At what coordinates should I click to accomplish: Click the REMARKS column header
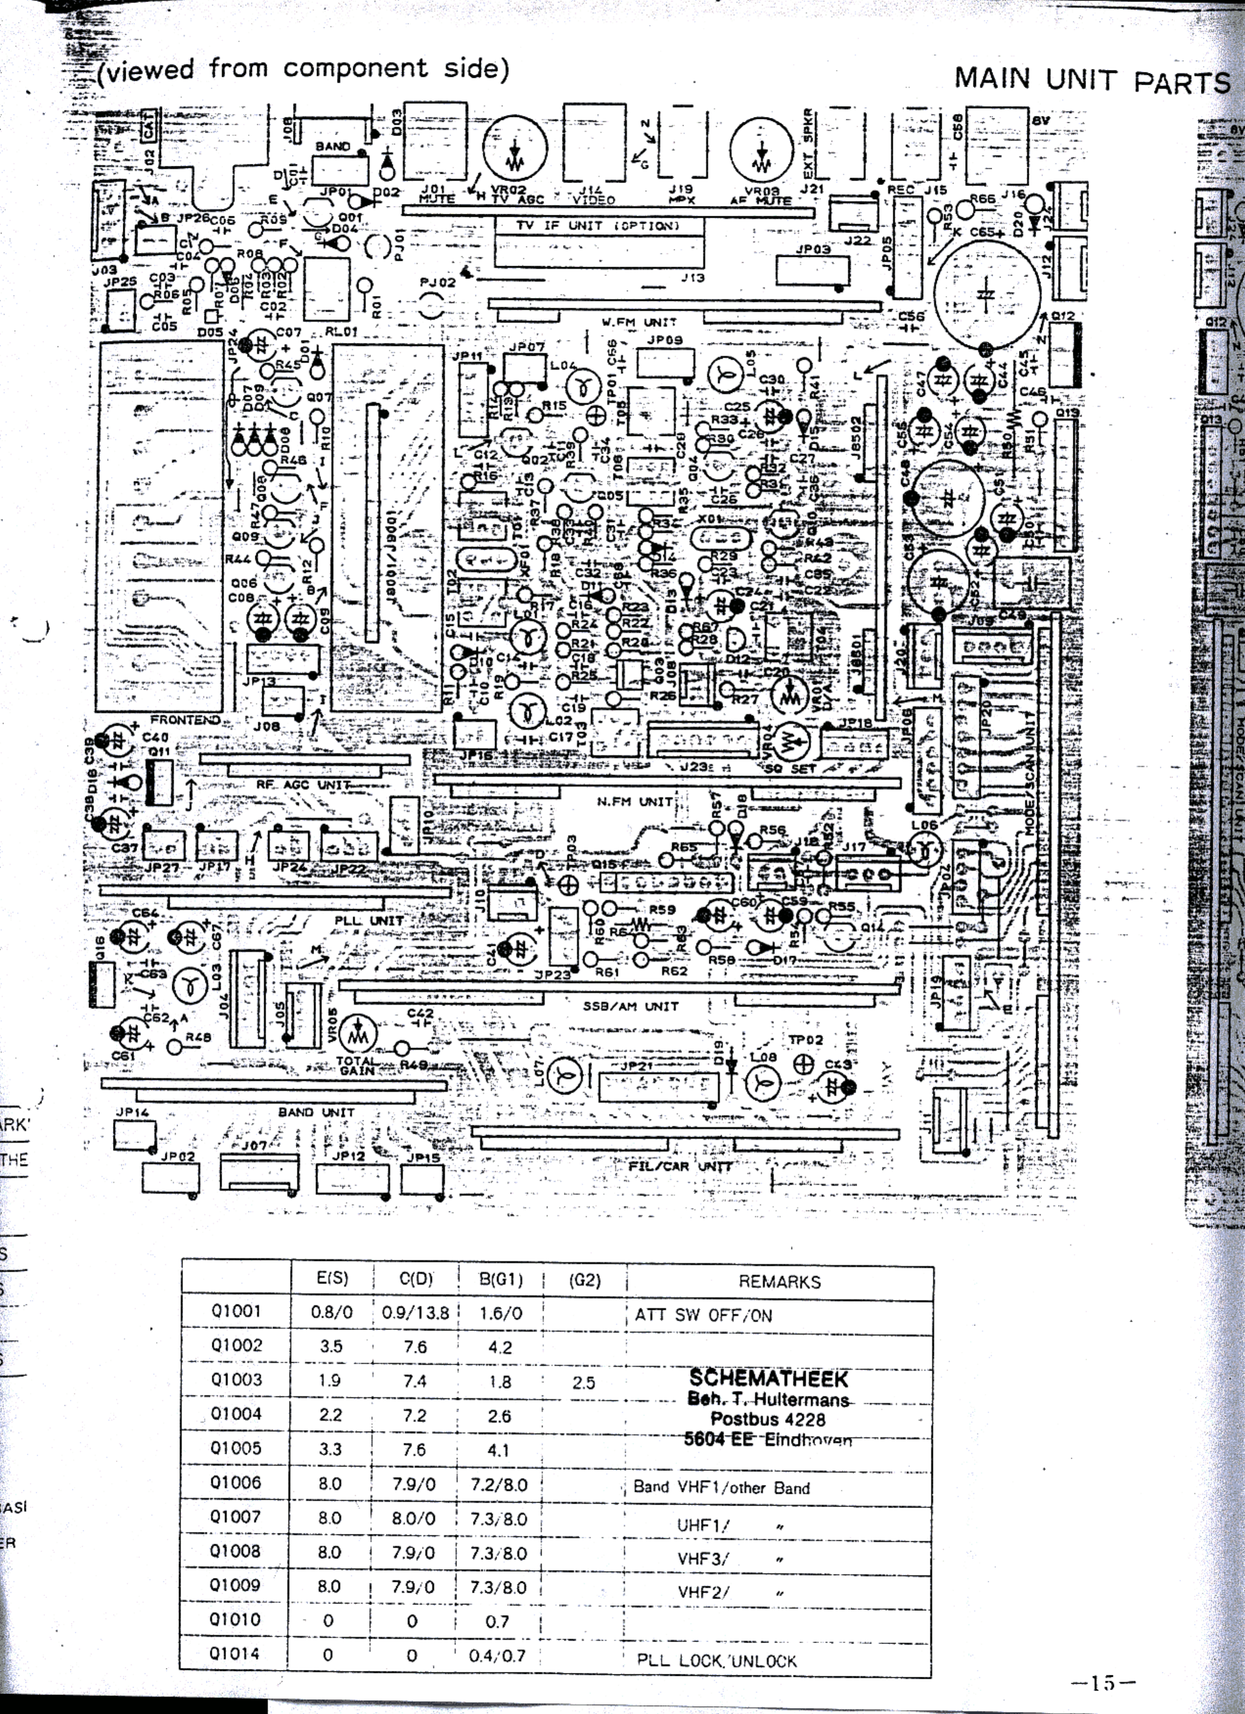click(x=779, y=1282)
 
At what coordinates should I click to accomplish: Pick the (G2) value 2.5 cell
click(x=583, y=1382)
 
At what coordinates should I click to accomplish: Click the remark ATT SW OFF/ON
click(x=703, y=1315)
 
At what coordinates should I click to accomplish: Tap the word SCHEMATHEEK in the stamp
click(x=768, y=1378)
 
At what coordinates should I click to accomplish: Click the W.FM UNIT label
click(x=628, y=322)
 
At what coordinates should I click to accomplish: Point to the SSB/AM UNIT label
click(x=630, y=1006)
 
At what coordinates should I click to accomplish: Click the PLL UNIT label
click(x=369, y=921)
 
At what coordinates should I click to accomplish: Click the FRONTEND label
click(x=185, y=720)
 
